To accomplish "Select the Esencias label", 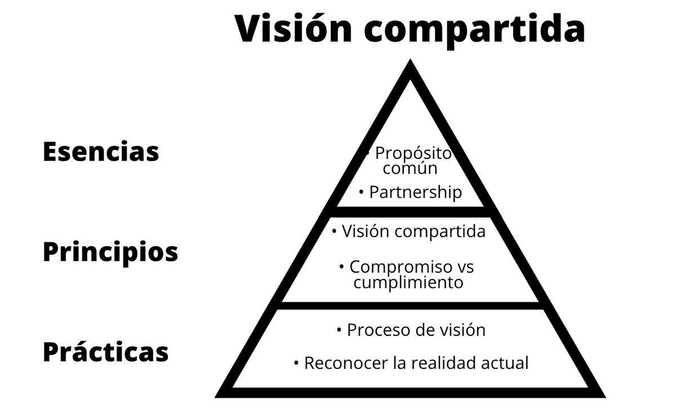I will [x=101, y=152].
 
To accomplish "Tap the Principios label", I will [x=110, y=252].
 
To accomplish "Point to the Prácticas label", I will [x=105, y=352].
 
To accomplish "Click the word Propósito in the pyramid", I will [x=413, y=153].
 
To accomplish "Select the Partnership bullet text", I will [x=415, y=193].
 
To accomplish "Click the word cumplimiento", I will [x=408, y=282].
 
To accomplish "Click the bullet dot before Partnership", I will [x=361, y=192].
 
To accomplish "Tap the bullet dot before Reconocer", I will [x=296, y=363].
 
